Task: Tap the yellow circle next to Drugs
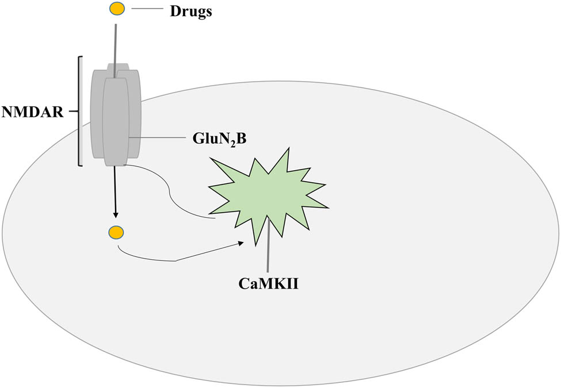point(116,9)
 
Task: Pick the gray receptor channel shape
point(116,115)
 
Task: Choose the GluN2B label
point(216,140)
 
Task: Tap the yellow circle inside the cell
point(116,232)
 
